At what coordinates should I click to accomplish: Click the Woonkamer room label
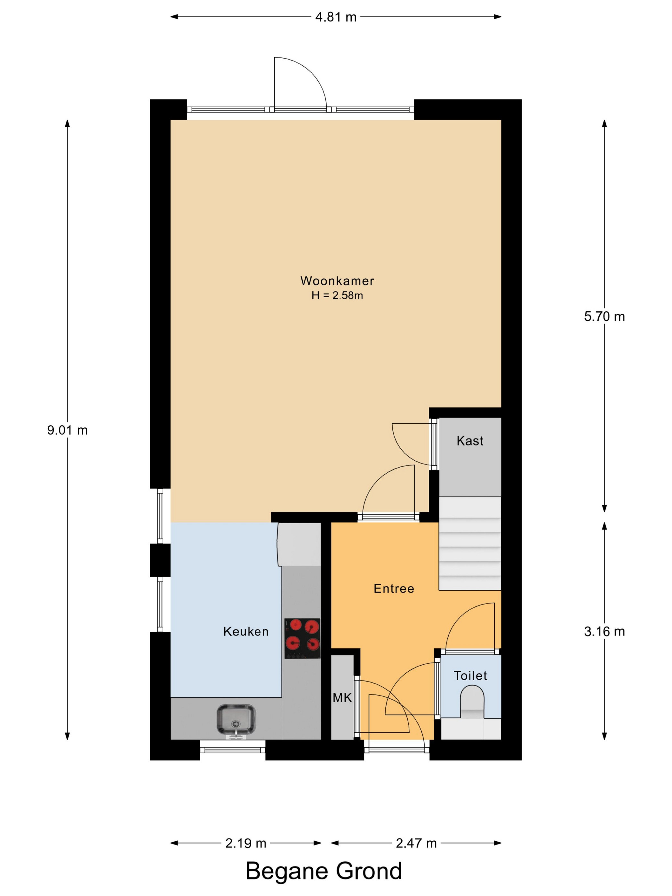coord(337,281)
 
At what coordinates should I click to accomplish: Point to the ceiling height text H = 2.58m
coord(337,296)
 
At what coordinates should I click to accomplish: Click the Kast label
coord(470,441)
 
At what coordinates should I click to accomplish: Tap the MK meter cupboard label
coord(342,698)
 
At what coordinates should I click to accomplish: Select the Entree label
coord(394,588)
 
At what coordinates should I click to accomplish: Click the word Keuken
coord(246,631)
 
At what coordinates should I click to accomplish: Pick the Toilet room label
coord(470,676)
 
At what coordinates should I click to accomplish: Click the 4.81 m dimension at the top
coord(336,17)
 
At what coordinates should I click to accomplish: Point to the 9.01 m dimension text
coord(67,430)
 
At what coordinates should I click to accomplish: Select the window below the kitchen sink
coord(233,750)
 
